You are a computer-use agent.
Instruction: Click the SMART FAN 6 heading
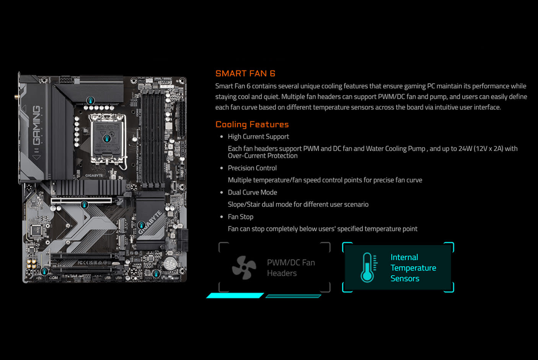pyautogui.click(x=245, y=74)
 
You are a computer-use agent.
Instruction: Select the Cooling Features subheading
pyautogui.click(x=252, y=124)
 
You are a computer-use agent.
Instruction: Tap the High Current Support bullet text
pyautogui.click(x=258, y=137)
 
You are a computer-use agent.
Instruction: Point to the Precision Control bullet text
pyautogui.click(x=252, y=168)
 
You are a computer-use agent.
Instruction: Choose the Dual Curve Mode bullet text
pyautogui.click(x=252, y=193)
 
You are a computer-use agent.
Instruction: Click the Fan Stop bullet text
pyautogui.click(x=240, y=217)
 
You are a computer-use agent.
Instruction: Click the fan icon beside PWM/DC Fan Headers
pyautogui.click(x=244, y=268)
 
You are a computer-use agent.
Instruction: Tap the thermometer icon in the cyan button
pyautogui.click(x=368, y=268)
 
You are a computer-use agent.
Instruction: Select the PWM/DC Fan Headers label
pyautogui.click(x=291, y=268)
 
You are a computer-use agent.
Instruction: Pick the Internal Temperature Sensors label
pyautogui.click(x=413, y=268)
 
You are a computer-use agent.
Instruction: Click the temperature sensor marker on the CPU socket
pyautogui.click(x=107, y=138)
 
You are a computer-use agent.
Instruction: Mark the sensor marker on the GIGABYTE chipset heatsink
pyautogui.click(x=141, y=225)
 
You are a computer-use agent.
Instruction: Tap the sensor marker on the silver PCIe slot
pyautogui.click(x=84, y=204)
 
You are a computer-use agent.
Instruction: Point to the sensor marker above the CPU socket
pyautogui.click(x=90, y=100)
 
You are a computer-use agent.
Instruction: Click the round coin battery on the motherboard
pyautogui.click(x=170, y=263)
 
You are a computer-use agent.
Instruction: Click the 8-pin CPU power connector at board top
pyautogui.click(x=65, y=80)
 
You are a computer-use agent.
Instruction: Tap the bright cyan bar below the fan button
pyautogui.click(x=235, y=296)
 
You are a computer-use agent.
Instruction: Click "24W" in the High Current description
pyautogui.click(x=465, y=149)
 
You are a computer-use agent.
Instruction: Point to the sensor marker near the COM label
pyautogui.click(x=44, y=271)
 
